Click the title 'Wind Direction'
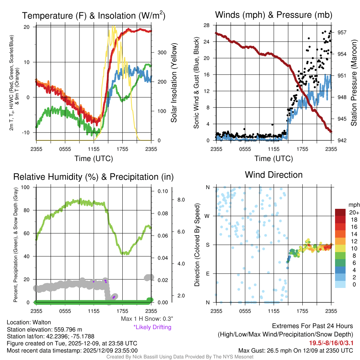274,175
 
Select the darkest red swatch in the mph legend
340,213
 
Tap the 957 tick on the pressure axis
342,32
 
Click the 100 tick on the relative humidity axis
25,187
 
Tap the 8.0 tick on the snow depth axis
181,200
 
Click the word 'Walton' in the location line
42,322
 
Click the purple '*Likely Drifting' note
152,327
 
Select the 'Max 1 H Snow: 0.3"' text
147,319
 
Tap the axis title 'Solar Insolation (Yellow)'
174,83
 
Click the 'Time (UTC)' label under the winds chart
274,159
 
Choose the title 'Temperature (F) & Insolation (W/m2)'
94,15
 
